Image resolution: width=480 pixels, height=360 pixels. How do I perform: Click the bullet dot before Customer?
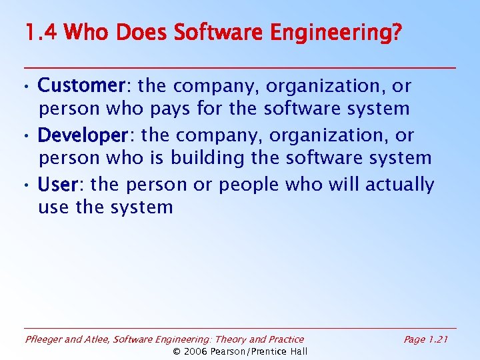(24, 87)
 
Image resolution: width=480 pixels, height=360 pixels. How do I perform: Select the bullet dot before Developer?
(24, 137)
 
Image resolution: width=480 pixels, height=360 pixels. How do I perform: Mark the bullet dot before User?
(24, 186)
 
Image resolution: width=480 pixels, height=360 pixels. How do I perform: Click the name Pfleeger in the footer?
(44, 340)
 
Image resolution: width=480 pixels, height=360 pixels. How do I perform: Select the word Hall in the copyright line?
(297, 351)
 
